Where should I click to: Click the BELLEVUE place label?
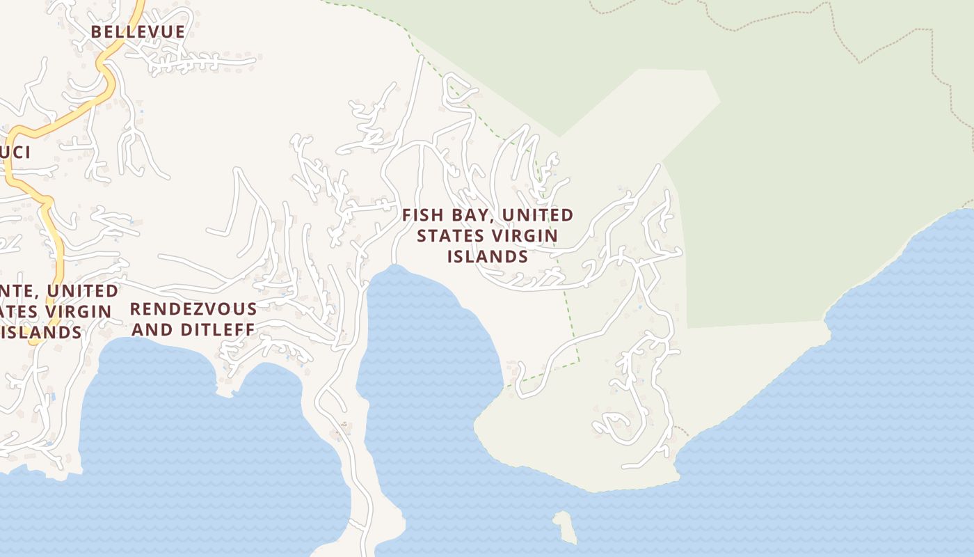(138, 32)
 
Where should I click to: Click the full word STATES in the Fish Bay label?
(445, 235)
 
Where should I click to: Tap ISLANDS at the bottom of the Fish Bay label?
(487, 256)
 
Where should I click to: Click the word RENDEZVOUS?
(193, 308)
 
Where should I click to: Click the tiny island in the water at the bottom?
(565, 527)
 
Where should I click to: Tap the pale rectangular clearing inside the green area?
(647, 104)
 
